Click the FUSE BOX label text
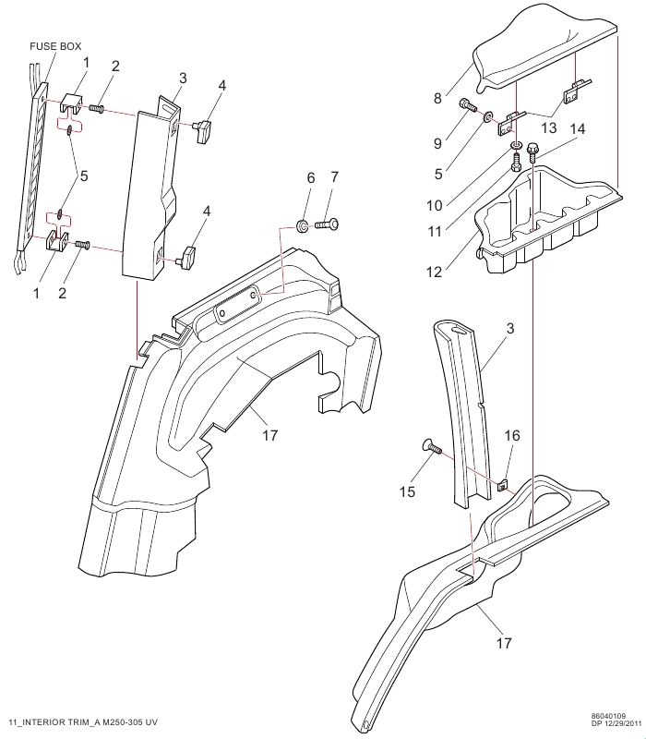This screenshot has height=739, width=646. click(55, 46)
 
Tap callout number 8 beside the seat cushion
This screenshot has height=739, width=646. click(437, 99)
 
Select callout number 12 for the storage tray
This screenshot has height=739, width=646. click(434, 272)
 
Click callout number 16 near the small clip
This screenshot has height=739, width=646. click(512, 435)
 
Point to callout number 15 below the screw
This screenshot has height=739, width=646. click(407, 492)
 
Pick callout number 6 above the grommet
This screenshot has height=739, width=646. click(311, 177)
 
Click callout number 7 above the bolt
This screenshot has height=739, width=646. click(335, 177)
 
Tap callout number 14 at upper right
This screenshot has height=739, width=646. click(578, 128)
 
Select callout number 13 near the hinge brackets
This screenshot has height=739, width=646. click(549, 128)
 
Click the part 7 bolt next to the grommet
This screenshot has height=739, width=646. click(328, 225)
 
